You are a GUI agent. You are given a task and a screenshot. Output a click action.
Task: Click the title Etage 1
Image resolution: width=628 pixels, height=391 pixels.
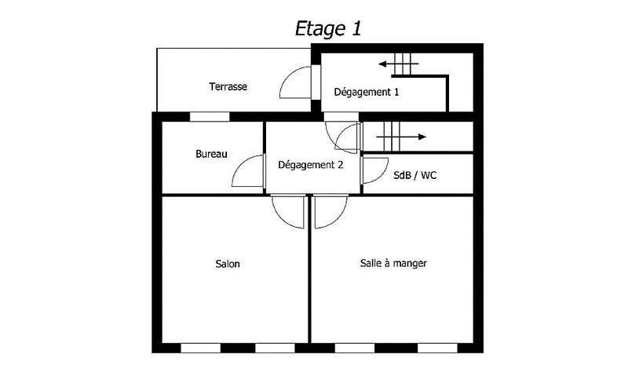coord(327,28)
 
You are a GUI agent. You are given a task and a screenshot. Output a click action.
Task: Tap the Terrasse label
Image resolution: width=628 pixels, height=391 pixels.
coord(228,86)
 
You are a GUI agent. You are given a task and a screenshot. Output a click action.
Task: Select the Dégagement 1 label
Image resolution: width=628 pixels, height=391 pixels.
coord(367,92)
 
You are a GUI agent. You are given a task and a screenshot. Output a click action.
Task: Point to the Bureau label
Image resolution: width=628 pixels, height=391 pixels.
coord(211,154)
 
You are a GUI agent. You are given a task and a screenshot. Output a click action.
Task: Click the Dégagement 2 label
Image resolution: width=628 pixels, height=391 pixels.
coord(311,165)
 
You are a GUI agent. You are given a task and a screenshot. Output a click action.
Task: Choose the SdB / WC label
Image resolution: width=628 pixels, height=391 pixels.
coord(414,175)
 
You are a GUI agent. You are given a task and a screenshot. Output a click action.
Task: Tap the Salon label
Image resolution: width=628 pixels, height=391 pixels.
coord(228,264)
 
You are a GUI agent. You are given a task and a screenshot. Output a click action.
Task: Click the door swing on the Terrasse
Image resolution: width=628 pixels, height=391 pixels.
coord(296,82)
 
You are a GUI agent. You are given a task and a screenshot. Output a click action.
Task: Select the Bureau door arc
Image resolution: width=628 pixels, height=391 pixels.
coord(249,171)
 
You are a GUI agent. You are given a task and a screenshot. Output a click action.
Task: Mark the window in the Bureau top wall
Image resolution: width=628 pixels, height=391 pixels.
coord(210,116)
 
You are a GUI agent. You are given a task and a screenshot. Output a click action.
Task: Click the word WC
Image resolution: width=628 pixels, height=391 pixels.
coord(428,175)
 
